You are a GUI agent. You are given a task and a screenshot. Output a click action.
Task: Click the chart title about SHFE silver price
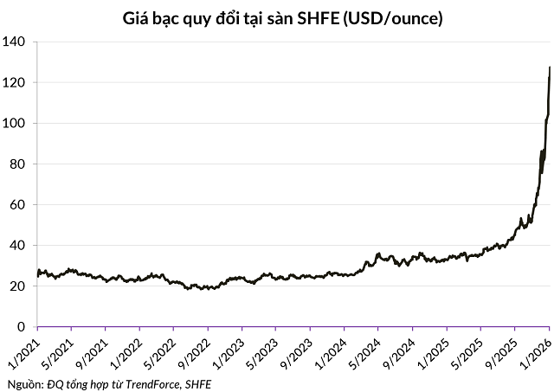(x=277, y=16)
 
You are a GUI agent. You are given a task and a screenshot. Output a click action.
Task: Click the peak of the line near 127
(x=551, y=67)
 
